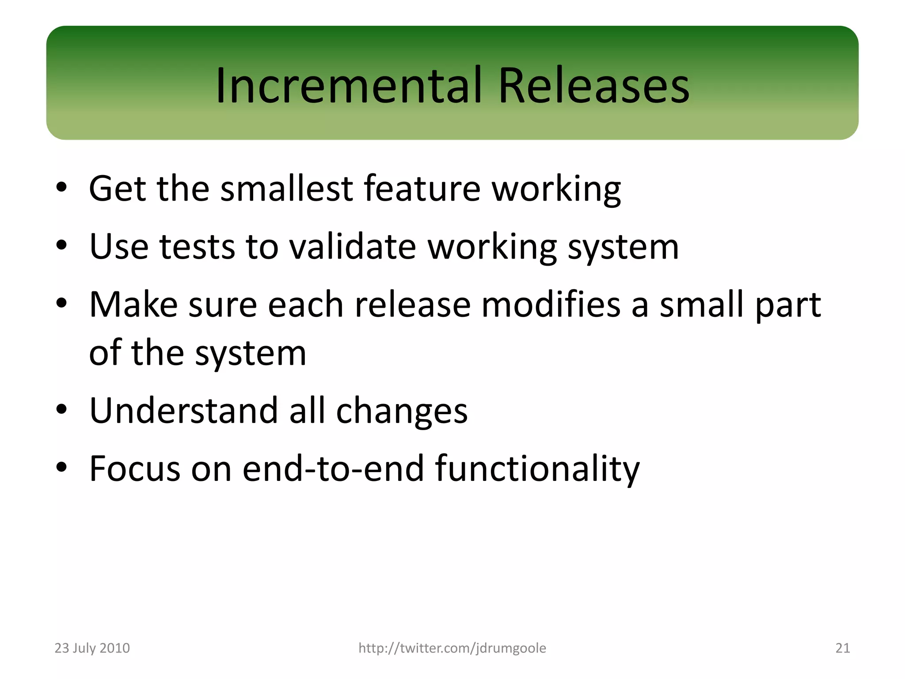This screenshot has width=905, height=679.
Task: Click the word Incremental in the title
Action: tap(348, 85)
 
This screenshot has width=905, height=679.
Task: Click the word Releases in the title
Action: tap(593, 85)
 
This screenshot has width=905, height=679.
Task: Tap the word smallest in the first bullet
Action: tap(287, 189)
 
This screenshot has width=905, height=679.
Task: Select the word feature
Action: tap(422, 189)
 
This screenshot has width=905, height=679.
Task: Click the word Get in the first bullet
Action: tap(117, 189)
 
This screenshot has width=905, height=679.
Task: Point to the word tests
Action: tap(197, 247)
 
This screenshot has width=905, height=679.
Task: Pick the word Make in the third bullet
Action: tap(133, 305)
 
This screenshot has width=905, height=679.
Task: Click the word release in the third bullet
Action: tap(413, 305)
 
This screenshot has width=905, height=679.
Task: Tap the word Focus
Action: tap(135, 469)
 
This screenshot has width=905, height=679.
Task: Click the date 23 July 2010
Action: tap(92, 648)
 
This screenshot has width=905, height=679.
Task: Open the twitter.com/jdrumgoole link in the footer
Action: tap(452, 648)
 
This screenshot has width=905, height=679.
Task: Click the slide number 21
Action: tap(842, 648)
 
